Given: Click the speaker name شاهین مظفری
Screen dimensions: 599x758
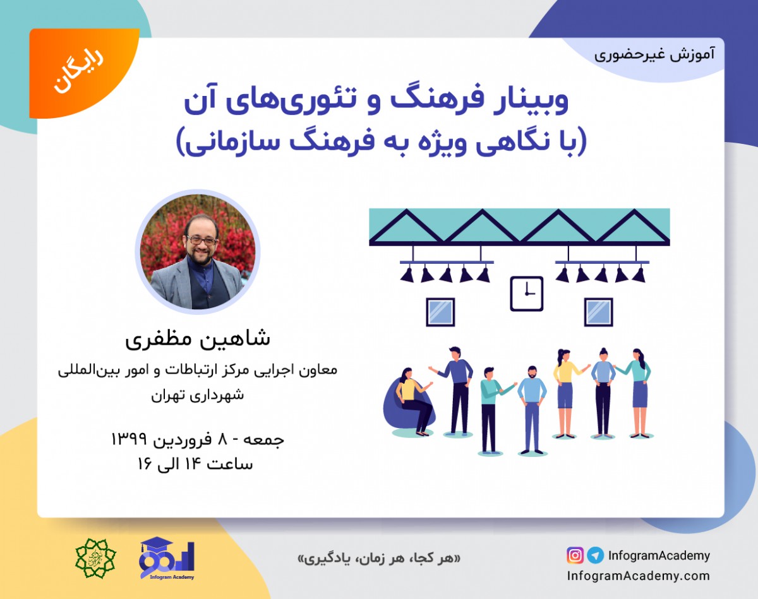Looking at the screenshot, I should tap(197, 338).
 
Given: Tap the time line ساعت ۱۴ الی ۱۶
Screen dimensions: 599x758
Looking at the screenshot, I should tap(196, 464).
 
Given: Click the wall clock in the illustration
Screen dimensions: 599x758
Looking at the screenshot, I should tap(526, 294).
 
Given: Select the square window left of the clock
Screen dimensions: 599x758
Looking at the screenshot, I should tap(440, 312).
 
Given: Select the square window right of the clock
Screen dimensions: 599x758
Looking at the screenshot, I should tap(598, 312).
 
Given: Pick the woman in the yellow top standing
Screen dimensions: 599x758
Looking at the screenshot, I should tap(564, 391).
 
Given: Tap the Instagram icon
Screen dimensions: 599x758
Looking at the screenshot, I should tap(575, 555).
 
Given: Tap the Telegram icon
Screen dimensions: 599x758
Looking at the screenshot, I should tap(595, 555).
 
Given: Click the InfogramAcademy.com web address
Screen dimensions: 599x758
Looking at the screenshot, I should tap(638, 576).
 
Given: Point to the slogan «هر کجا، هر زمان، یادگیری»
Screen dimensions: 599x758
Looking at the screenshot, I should tap(379, 559).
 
